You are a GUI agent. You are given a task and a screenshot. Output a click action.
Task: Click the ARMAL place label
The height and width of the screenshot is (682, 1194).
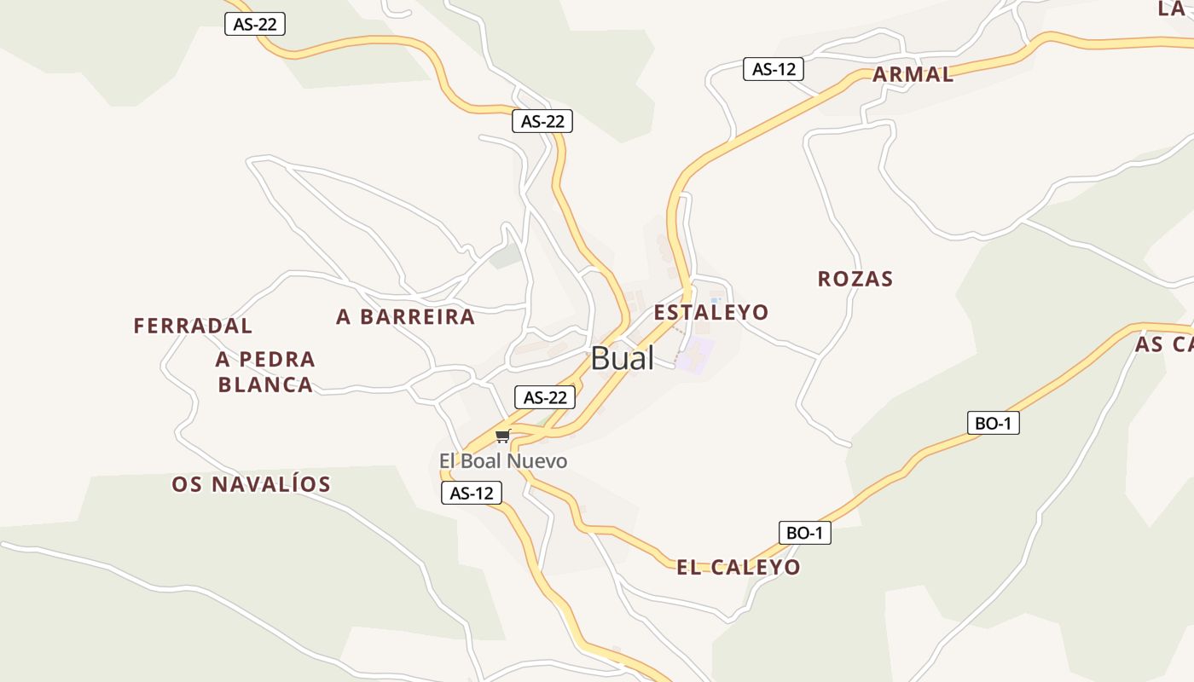pyautogui.click(x=913, y=74)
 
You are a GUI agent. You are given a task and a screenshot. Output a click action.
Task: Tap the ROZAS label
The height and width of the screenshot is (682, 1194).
pyautogui.click(x=855, y=279)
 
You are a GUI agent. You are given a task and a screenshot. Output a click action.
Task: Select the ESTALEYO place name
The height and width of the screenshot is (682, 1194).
pyautogui.click(x=710, y=312)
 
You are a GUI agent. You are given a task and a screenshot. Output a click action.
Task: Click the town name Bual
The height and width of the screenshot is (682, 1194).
pyautogui.click(x=622, y=358)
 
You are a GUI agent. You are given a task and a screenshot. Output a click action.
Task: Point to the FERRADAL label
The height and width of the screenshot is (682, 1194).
pyautogui.click(x=193, y=326)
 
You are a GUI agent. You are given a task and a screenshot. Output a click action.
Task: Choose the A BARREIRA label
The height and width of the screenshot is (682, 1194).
pyautogui.click(x=405, y=317)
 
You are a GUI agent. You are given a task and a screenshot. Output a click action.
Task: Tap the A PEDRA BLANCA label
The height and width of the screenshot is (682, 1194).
pyautogui.click(x=265, y=372)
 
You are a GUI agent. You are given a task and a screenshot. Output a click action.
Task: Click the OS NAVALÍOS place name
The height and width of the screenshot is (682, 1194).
pyautogui.click(x=251, y=484)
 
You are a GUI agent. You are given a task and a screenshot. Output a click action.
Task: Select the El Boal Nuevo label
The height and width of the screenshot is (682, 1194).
pyautogui.click(x=502, y=461)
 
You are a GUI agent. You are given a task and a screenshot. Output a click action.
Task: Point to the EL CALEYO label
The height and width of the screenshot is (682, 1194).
pyautogui.click(x=738, y=567)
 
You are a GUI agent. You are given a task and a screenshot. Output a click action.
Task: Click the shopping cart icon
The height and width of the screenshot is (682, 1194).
pyautogui.click(x=502, y=436)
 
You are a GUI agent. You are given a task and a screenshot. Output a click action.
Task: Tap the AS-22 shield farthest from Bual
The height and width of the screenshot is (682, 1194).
pyautogui.click(x=254, y=24)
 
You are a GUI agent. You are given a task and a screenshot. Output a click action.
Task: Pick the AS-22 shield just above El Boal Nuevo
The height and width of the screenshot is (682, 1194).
pyautogui.click(x=545, y=397)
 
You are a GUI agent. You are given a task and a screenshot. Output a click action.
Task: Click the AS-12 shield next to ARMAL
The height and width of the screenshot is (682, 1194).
pyautogui.click(x=774, y=69)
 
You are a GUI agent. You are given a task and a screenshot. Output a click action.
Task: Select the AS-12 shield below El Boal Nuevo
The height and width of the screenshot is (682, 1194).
pyautogui.click(x=472, y=493)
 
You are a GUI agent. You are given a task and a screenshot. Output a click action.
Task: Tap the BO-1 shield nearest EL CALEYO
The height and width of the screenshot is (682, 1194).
pyautogui.click(x=804, y=533)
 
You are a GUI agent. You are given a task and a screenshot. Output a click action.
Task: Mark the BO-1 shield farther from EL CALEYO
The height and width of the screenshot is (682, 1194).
pyautogui.click(x=994, y=423)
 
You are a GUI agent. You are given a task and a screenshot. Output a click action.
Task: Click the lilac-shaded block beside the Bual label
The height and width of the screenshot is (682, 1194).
pyautogui.click(x=694, y=353)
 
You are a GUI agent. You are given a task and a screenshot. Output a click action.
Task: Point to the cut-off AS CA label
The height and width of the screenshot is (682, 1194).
pyautogui.click(x=1165, y=344)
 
